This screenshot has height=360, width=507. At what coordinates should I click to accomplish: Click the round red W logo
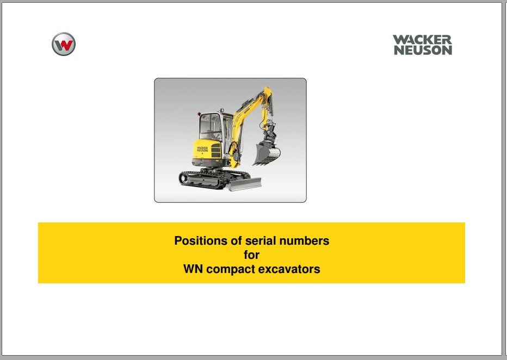point(64,44)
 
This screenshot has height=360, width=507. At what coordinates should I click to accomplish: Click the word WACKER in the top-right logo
point(422,40)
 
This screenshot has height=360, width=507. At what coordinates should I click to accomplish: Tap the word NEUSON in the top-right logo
point(423,50)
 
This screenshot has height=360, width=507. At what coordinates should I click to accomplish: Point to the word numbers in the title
point(304,241)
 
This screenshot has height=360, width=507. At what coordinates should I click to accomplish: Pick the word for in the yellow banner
point(251,255)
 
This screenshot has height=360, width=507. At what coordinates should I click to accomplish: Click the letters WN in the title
point(193,269)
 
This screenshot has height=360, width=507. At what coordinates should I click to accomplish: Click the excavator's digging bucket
point(266,154)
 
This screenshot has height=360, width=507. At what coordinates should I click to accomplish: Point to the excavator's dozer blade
point(245,184)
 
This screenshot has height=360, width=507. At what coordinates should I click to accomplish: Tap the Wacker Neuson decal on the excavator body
point(202,149)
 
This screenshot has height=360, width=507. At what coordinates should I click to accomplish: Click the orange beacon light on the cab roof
point(199,114)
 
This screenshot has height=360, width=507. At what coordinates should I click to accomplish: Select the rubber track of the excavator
point(200,179)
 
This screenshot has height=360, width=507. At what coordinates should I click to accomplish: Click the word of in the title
point(236,241)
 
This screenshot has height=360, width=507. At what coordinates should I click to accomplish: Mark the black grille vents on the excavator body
point(215,151)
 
